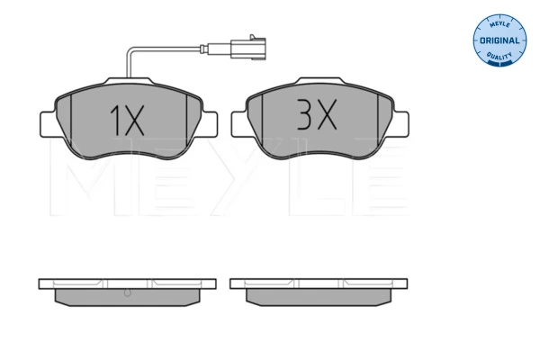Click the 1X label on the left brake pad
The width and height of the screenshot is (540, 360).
pos(127,121)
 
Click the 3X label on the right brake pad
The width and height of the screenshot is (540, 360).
pos(317,114)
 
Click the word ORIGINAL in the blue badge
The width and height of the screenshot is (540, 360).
pos(499,40)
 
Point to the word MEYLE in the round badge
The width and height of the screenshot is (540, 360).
pos(499,24)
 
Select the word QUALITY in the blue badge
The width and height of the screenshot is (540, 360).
pos(499,56)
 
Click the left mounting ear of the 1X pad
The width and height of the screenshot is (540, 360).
pos(49,124)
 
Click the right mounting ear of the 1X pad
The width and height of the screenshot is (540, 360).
pos(210,124)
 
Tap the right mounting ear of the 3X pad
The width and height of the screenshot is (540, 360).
pos(400,124)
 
